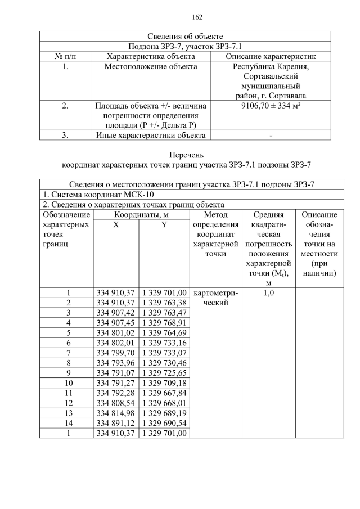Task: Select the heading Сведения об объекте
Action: tap(185, 37)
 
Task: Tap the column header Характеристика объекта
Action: tap(151, 56)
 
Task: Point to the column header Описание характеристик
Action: tap(271, 56)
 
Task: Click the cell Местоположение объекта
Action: tap(151, 67)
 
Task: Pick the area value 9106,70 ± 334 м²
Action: tap(271, 105)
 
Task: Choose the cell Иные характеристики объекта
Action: tap(151, 135)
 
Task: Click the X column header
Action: tap(116, 225)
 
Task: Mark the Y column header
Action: tap(164, 225)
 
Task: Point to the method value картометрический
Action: tap(215, 298)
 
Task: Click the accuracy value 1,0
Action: tap(268, 292)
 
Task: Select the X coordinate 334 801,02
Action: tap(116, 334)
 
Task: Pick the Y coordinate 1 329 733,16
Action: tap(164, 343)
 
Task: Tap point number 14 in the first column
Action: tap(68, 423)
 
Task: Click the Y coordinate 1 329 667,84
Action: tap(164, 393)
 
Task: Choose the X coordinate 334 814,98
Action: tap(116, 413)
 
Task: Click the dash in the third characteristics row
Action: tap(271, 135)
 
